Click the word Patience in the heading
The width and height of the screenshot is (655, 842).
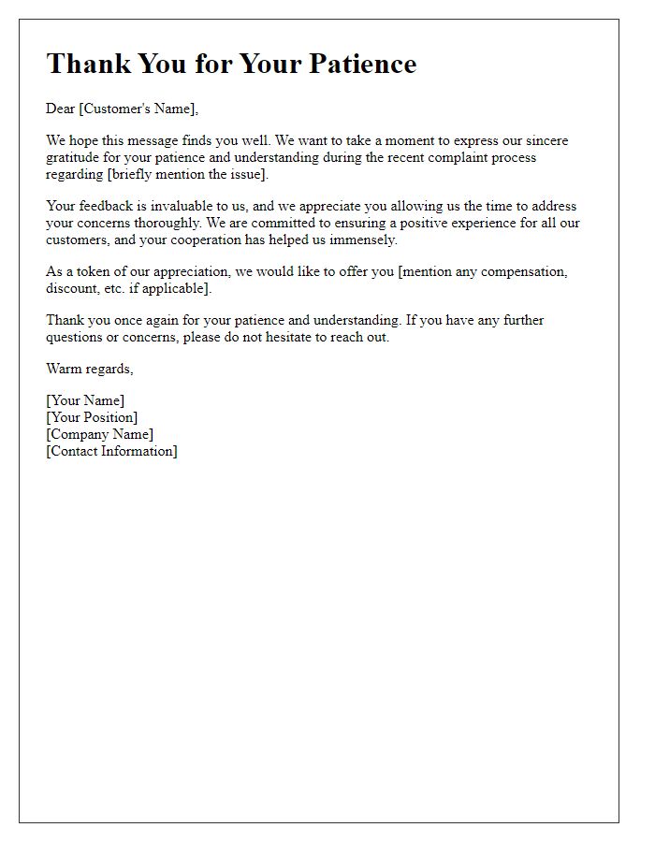(360, 64)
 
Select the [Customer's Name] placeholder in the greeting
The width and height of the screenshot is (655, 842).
(138, 109)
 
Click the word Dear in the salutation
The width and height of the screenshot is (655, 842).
(61, 109)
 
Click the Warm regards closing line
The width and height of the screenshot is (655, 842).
(90, 369)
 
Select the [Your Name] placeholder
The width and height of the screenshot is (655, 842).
(85, 400)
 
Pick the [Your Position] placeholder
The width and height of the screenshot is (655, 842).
(92, 417)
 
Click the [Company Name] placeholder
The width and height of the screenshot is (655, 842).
(100, 434)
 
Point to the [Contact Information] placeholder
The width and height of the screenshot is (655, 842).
(111, 451)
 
